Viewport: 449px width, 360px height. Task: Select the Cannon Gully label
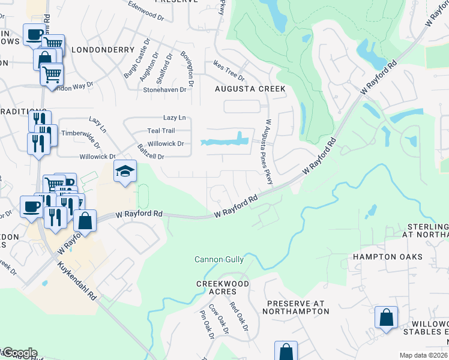(x=219, y=260)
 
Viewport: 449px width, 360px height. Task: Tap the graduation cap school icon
(x=125, y=172)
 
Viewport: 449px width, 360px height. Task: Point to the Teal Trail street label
(x=161, y=131)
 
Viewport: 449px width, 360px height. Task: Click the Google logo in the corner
(x=19, y=353)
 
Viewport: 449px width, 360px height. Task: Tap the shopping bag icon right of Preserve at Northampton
(x=386, y=317)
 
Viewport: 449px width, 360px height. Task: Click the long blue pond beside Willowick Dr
(x=225, y=142)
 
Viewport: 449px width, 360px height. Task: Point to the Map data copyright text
(x=423, y=355)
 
